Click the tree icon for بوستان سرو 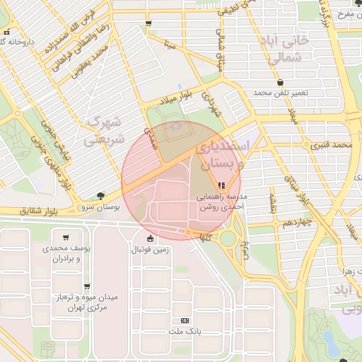click(x=100, y=196)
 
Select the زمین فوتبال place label click(x=150, y=250)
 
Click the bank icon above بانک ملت click(x=185, y=320)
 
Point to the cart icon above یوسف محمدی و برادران click(x=66, y=238)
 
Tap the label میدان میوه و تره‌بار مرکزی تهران click(x=88, y=303)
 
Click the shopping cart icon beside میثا click(x=148, y=23)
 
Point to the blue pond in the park click(x=330, y=344)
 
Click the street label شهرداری click(x=211, y=104)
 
